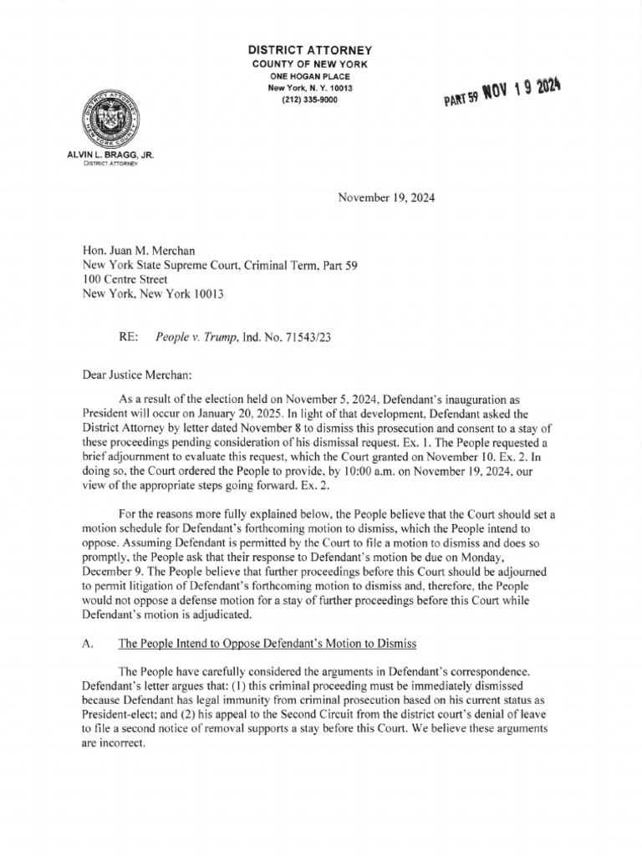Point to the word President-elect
click(x=120, y=713)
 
